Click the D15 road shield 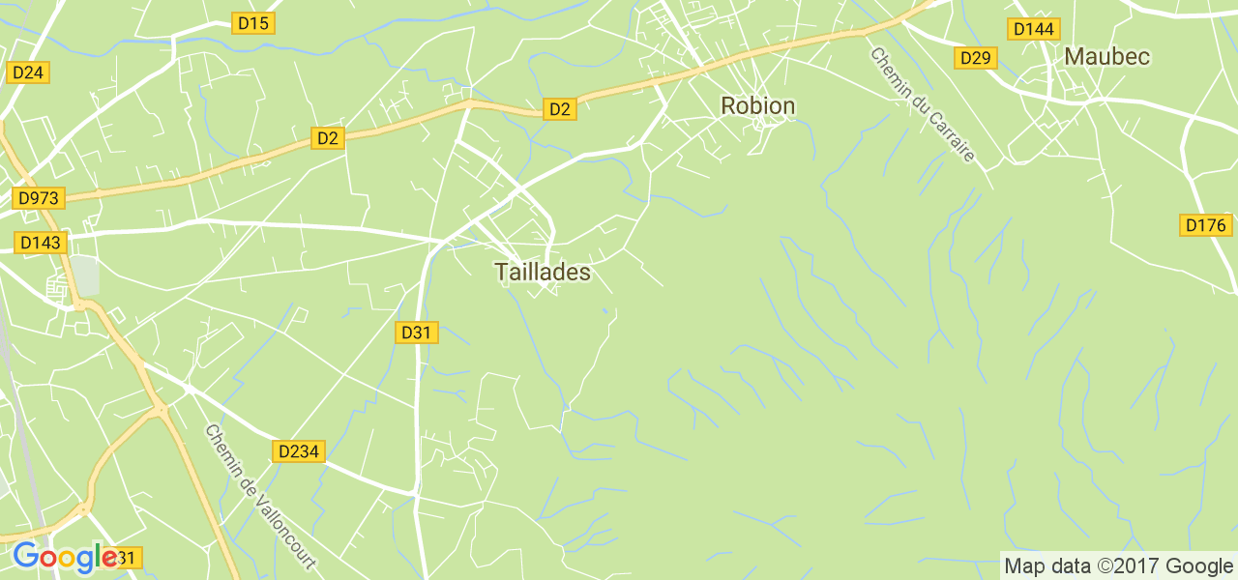[x=253, y=22]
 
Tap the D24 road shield [x=28, y=72]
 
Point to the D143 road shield [x=40, y=242]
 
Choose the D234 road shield [x=300, y=451]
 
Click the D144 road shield [x=1033, y=29]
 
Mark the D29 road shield [x=976, y=58]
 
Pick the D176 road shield [x=1206, y=225]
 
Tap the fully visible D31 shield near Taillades [x=417, y=333]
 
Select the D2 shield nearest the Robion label [x=560, y=109]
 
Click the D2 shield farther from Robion [x=329, y=139]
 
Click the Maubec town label [x=1106, y=56]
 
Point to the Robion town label [x=758, y=105]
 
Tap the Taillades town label [x=543, y=273]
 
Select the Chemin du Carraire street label [x=922, y=105]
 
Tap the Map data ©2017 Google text [x=1118, y=565]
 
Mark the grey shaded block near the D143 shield [x=85, y=275]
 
